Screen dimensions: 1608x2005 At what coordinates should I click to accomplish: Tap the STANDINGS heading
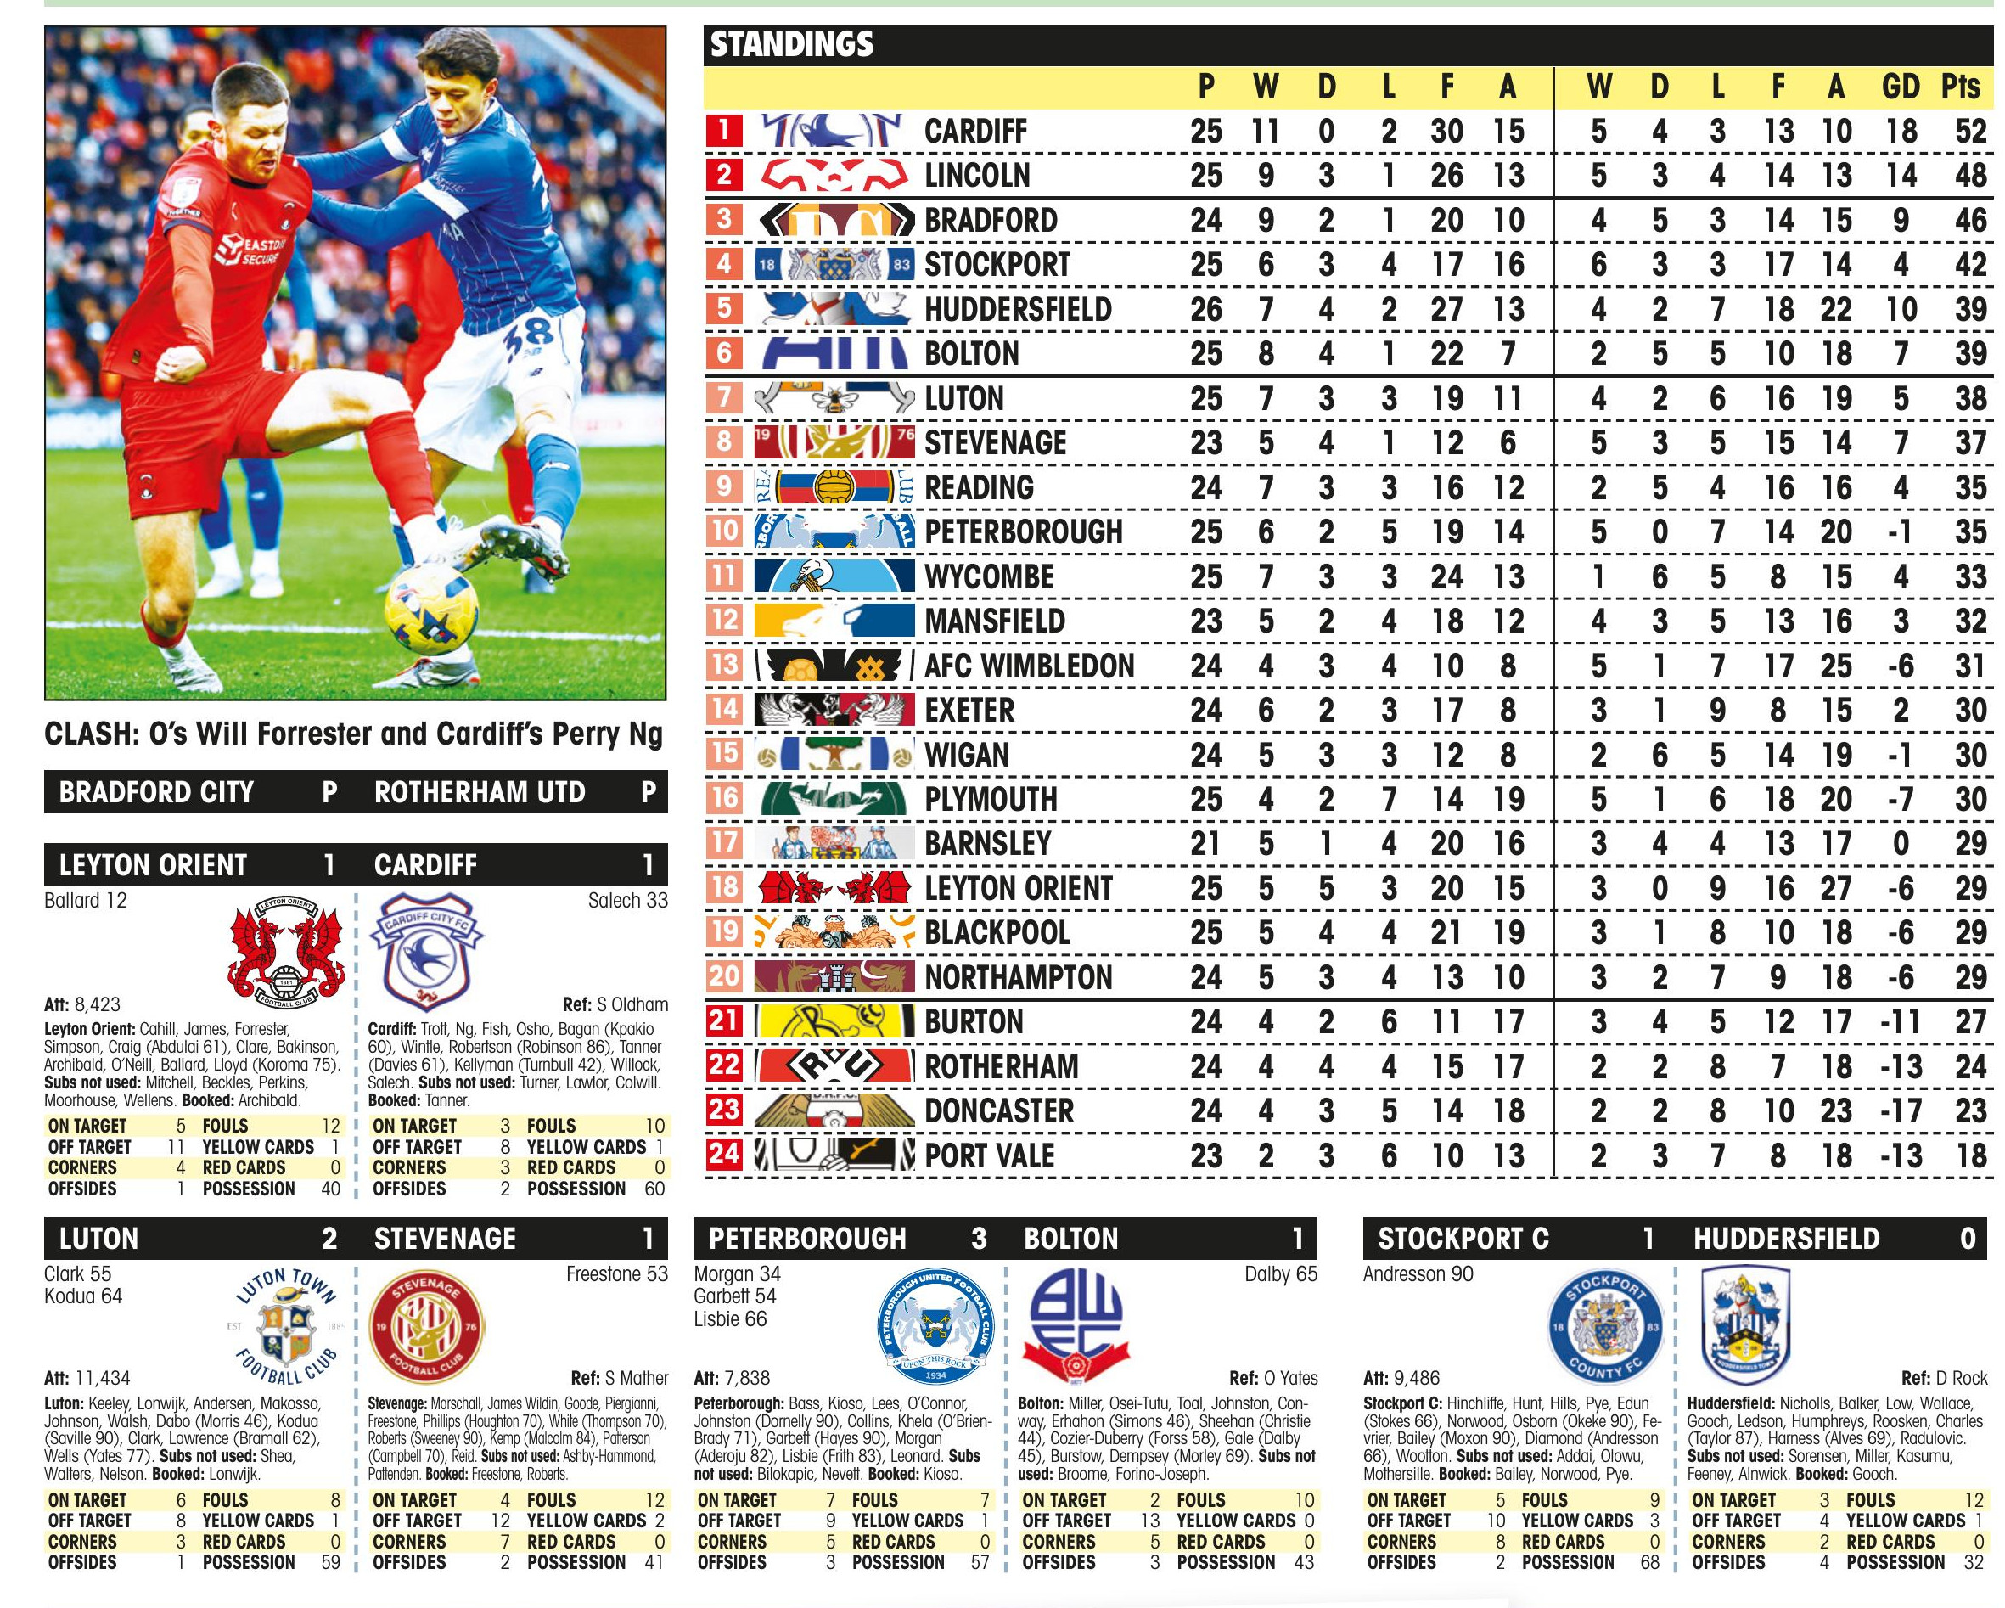[791, 45]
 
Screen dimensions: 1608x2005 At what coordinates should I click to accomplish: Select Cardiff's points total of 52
[1969, 131]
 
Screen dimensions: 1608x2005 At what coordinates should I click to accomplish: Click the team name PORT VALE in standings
[990, 1156]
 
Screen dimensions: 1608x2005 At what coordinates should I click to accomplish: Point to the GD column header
[1901, 87]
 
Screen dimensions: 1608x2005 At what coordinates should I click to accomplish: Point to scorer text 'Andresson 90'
[1418, 1274]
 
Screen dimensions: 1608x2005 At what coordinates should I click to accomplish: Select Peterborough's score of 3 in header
[979, 1239]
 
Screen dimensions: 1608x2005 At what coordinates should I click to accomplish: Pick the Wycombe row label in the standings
[990, 576]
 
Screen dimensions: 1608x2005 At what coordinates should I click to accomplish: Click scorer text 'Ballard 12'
[86, 900]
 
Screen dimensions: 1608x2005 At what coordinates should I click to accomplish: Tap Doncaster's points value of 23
[1969, 1111]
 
